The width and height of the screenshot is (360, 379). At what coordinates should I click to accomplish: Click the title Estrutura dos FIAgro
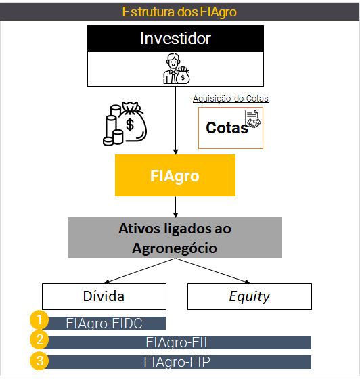[x=179, y=12]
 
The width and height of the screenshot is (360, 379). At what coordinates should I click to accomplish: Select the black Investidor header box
[x=175, y=39]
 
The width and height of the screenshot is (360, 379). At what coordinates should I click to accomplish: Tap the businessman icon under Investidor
[x=176, y=68]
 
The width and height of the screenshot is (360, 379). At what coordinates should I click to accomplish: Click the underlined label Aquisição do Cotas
[x=231, y=99]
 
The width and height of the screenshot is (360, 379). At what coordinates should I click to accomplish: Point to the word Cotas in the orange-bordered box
[x=227, y=128]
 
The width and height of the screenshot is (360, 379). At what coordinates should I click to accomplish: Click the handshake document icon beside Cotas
[x=252, y=118]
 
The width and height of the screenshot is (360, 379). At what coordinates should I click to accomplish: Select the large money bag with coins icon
[x=125, y=123]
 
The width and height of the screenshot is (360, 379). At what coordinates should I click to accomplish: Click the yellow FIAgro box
[x=175, y=175]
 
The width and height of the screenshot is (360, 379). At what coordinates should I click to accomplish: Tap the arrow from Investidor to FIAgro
[x=176, y=120]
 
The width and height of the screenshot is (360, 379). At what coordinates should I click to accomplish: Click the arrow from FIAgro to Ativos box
[x=176, y=207]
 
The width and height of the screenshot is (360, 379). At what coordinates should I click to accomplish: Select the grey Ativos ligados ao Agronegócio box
[x=175, y=238]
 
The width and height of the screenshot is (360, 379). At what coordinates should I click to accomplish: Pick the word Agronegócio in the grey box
[x=175, y=248]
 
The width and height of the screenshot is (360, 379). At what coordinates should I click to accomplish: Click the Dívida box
[x=104, y=296]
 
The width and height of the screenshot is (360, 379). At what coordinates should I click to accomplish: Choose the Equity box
[x=250, y=296]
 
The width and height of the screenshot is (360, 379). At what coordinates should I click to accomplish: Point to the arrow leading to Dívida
[x=140, y=271]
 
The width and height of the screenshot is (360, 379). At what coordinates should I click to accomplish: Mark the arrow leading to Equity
[x=212, y=271]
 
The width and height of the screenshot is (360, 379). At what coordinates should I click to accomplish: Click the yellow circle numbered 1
[x=39, y=319]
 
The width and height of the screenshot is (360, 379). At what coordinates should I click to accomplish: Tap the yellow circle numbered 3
[x=39, y=361]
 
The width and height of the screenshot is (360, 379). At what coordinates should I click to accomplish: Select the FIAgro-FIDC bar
[x=105, y=324]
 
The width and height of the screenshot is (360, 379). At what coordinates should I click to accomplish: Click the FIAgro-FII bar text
[x=177, y=342]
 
